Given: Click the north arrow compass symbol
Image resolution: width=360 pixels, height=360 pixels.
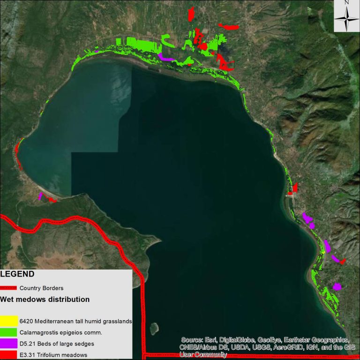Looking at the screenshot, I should (x=346, y=19).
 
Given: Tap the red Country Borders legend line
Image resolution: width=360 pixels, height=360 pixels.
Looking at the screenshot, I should (x=9, y=288).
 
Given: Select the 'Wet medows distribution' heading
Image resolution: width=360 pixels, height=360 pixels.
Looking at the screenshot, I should (x=45, y=299).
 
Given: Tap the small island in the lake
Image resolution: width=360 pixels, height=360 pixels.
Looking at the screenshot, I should (x=153, y=327).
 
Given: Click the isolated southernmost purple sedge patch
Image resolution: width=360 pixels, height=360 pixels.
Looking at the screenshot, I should (x=337, y=286).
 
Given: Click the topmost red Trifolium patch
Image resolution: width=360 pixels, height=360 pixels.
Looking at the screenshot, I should (x=191, y=14).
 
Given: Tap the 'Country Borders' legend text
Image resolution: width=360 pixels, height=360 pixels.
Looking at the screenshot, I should (x=41, y=288).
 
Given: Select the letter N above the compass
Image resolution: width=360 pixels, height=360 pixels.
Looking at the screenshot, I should (x=346, y=3).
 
